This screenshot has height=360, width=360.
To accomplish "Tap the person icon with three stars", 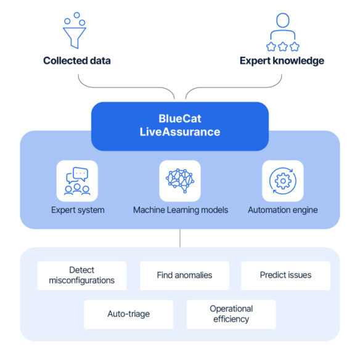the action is point(282,32).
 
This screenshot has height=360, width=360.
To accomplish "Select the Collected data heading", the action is point(77,61).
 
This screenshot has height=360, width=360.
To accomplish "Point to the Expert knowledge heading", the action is point(282,61).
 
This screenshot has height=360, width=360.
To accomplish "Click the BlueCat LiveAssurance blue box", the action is point(180,126).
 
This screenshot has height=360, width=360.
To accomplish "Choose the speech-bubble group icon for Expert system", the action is point(77,181).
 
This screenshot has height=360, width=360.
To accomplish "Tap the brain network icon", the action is point(180,181).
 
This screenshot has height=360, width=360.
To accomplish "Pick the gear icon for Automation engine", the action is point(283,181).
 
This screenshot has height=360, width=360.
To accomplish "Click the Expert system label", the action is point(78,210).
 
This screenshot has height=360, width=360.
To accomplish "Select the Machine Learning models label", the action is point(181,210).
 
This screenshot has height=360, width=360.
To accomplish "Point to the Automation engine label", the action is point(283,210).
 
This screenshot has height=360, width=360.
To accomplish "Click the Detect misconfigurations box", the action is point(82,276).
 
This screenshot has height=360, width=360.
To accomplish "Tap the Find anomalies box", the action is point(184,276).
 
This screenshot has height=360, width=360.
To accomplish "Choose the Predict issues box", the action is point(285,276).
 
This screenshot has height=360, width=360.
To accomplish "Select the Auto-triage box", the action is point(129,314).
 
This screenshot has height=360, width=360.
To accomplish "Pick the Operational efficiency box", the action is point(231,314).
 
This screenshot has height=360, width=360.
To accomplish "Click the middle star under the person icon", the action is point(283,47).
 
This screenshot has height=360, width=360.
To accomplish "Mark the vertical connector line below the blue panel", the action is point(180,238).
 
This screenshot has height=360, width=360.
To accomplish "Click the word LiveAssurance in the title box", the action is point(180,132).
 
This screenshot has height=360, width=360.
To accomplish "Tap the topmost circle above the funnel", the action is point(76,15).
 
